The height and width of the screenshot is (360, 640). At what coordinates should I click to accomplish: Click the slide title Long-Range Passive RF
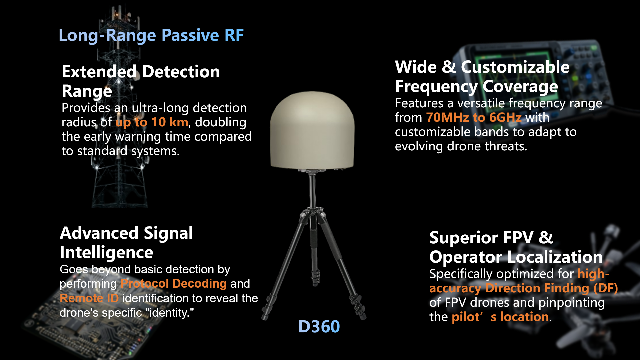pyautogui.click(x=151, y=35)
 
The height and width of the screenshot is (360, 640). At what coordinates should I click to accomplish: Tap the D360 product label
pyautogui.click(x=319, y=326)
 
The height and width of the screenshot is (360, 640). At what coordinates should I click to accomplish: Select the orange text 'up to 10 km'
pyautogui.click(x=152, y=122)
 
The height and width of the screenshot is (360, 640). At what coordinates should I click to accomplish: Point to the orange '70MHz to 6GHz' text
pyautogui.click(x=474, y=117)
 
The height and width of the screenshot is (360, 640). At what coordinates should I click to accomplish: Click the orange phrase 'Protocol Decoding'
pyautogui.click(x=174, y=284)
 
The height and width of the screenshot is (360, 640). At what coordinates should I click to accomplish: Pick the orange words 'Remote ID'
pyautogui.click(x=89, y=298)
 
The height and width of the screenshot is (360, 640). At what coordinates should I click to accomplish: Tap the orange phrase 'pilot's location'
pyautogui.click(x=500, y=317)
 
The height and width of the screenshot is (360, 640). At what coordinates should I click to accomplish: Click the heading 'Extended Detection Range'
pyautogui.click(x=141, y=81)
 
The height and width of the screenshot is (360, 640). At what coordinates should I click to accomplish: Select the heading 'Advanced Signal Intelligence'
pyautogui.click(x=126, y=242)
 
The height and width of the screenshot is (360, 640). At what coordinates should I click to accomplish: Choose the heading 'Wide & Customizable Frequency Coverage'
pyautogui.click(x=482, y=77)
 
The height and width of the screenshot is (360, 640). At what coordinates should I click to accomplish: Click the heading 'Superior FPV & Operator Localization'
pyautogui.click(x=516, y=247)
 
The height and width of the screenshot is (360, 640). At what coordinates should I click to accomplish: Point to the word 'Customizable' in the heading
pyautogui.click(x=515, y=67)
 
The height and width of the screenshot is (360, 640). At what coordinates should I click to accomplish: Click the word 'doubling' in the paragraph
pyautogui.click(x=221, y=122)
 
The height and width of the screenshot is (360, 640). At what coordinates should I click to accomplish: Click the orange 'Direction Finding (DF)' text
pyautogui.click(x=551, y=288)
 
